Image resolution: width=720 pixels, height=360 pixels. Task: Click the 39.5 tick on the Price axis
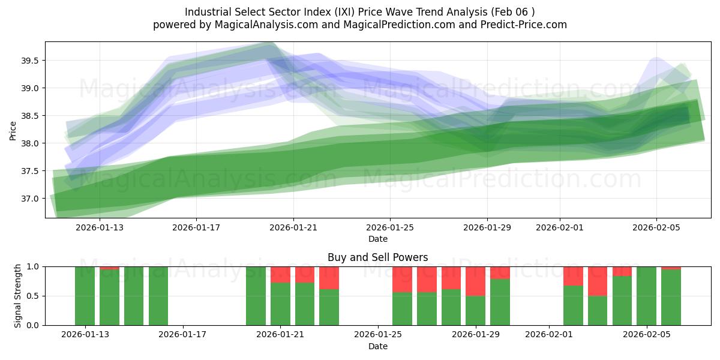click(31, 61)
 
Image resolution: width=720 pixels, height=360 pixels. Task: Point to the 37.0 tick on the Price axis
click(31, 199)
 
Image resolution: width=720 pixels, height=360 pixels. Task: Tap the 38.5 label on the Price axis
click(31, 116)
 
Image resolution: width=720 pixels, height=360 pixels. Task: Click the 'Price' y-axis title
click(13, 130)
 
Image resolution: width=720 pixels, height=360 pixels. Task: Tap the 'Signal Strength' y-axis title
click(18, 296)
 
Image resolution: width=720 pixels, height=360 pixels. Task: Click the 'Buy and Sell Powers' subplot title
click(377, 257)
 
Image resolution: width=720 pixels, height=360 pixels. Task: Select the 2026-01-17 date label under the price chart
click(196, 227)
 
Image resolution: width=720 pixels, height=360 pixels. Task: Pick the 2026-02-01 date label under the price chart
click(560, 227)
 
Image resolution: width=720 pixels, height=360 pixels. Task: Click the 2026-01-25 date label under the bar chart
click(377, 335)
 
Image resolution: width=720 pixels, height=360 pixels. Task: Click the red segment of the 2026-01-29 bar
click(475, 281)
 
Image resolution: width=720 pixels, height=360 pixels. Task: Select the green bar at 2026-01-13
click(85, 296)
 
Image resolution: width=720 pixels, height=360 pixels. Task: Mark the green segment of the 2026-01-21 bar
click(280, 304)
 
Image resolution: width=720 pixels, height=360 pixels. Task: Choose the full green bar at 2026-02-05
click(646, 296)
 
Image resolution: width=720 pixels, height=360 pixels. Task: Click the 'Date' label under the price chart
click(377, 239)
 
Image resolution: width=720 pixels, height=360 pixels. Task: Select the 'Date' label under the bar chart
click(377, 346)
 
